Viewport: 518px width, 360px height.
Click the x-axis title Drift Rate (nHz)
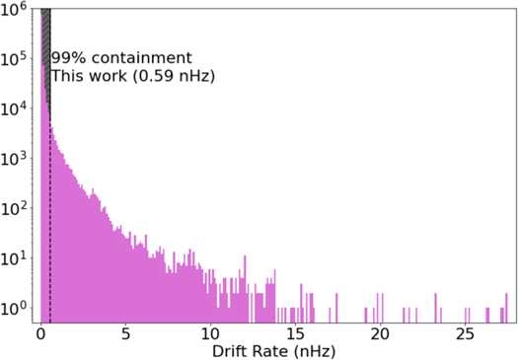point(272,350)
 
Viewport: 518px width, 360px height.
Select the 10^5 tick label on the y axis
point(15,59)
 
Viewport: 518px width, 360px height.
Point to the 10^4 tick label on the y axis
point(15,109)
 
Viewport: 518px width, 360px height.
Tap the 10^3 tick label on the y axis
point(15,160)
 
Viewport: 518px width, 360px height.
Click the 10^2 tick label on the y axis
point(15,210)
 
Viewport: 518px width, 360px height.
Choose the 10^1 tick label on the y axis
point(15,259)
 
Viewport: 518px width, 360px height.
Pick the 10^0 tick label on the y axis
point(15,310)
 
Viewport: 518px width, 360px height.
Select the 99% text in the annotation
point(69,58)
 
